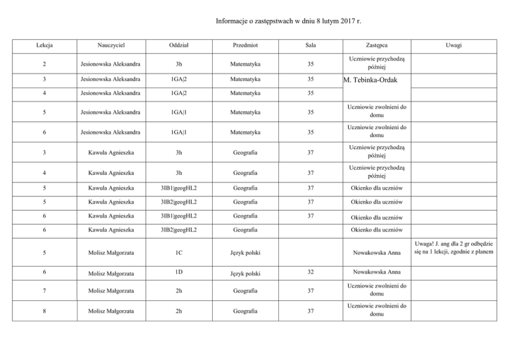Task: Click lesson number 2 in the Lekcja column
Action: click(44, 64)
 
